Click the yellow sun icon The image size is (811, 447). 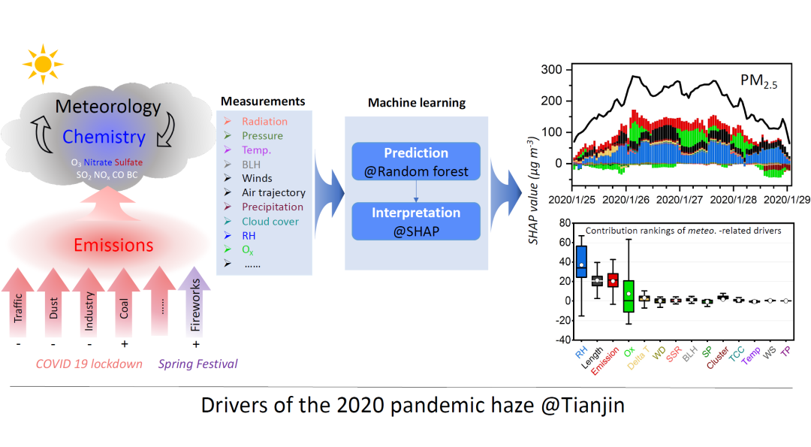(x=43, y=64)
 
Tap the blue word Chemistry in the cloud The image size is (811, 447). (x=104, y=137)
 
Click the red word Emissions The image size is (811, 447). (x=113, y=245)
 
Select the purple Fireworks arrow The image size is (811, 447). (x=194, y=301)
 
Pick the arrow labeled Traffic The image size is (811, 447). (x=18, y=302)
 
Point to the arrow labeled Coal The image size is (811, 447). (x=124, y=302)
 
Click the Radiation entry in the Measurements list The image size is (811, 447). (x=264, y=122)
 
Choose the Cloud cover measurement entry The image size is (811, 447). (x=270, y=222)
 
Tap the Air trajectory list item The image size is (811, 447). (x=273, y=192)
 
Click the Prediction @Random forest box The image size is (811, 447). (x=416, y=162)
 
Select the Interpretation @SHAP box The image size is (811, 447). (x=416, y=221)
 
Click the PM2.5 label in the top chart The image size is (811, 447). (x=758, y=81)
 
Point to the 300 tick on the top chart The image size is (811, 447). (x=551, y=69)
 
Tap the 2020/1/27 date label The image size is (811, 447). (x=680, y=200)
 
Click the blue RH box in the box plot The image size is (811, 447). (x=581, y=261)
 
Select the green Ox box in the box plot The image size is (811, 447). (x=629, y=296)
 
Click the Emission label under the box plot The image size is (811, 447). (x=604, y=361)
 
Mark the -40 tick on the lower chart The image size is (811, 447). (x=563, y=340)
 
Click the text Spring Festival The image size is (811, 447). (x=198, y=364)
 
